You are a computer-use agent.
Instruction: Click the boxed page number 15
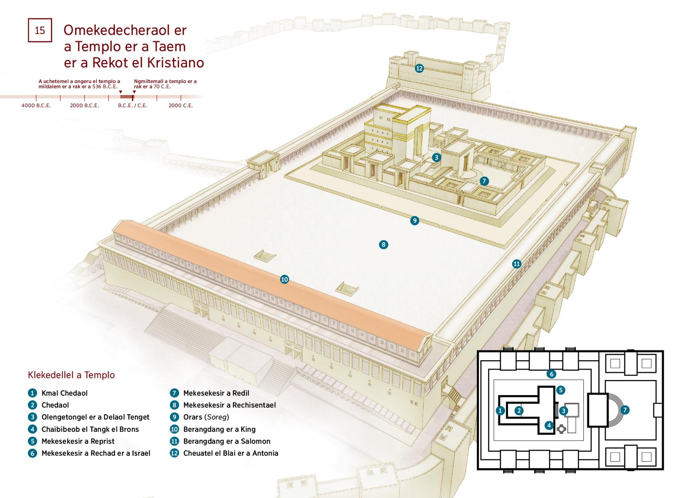[x=40, y=30]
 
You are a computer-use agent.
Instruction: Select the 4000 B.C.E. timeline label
[x=36, y=105]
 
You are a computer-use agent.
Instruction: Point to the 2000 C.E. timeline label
[x=181, y=105]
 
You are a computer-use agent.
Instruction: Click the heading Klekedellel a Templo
[x=71, y=375]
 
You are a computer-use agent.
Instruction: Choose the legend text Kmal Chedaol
[x=64, y=393]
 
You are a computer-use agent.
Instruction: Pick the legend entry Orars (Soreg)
[x=206, y=417]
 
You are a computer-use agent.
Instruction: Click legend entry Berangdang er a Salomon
[x=227, y=441]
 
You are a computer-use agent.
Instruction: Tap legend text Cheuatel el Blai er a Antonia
[x=230, y=453]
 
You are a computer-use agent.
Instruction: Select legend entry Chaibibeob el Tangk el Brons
[x=90, y=429]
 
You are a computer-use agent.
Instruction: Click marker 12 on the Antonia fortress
[x=419, y=68]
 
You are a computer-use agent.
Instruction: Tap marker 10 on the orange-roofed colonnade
[x=284, y=279]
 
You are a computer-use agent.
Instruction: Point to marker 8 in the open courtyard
[x=384, y=244]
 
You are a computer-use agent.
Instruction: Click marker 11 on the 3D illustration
[x=517, y=264]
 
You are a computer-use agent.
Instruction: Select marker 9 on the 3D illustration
[x=415, y=220]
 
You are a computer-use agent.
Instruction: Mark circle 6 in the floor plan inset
[x=551, y=374]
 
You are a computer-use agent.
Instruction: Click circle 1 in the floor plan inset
[x=500, y=411]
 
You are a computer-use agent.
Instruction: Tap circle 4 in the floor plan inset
[x=549, y=425]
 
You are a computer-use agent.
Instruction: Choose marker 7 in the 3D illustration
[x=484, y=181]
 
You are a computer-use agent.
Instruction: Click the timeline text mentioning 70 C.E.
[x=165, y=84]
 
